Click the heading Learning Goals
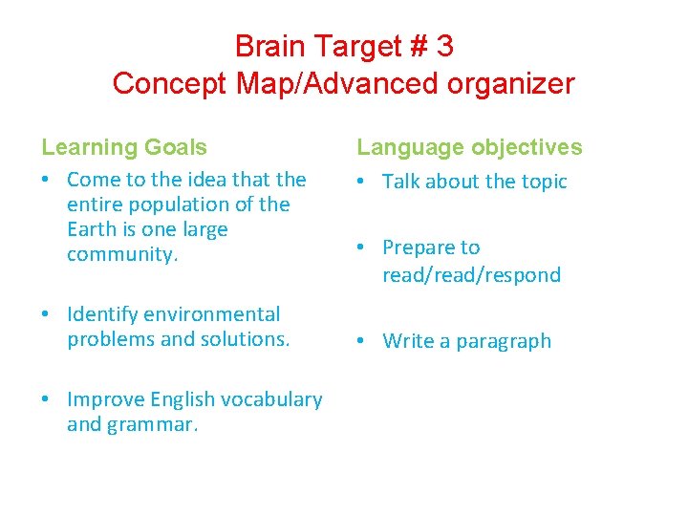pyautogui.click(x=124, y=147)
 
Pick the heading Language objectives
pyautogui.click(x=469, y=147)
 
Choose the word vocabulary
pyautogui.click(x=270, y=399)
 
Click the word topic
pyautogui.click(x=542, y=182)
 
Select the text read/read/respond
pyautogui.click(x=471, y=275)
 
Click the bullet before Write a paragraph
pyautogui.click(x=365, y=341)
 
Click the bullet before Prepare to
pyautogui.click(x=365, y=247)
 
